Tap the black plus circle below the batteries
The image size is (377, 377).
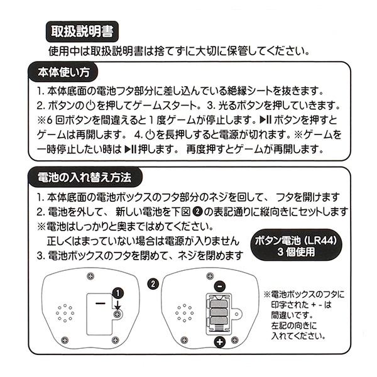pos(219,342)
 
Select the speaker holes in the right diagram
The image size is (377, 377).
pos(184,312)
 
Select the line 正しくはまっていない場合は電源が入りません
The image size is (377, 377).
pos(143,241)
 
